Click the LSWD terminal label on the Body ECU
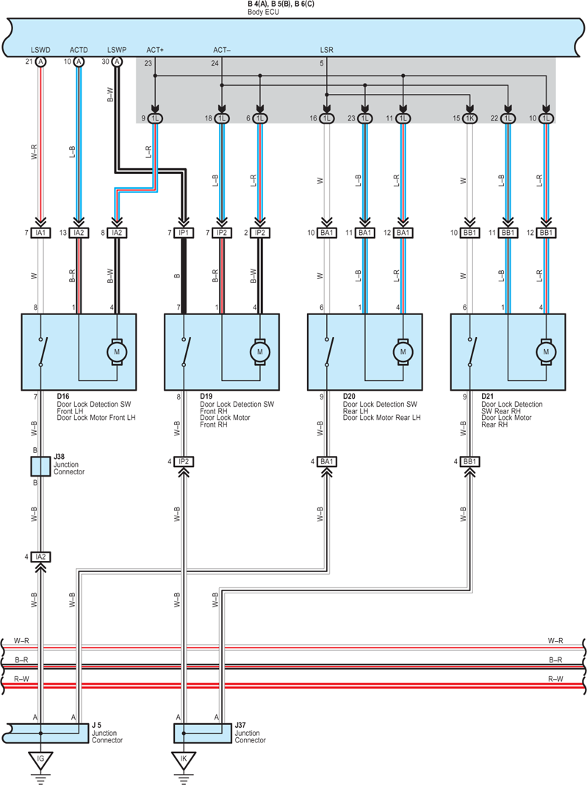click(40, 50)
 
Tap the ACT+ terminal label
click(155, 50)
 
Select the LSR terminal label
click(326, 50)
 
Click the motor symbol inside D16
click(117, 352)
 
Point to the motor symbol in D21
click(546, 352)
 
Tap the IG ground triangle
click(40, 760)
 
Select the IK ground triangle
click(184, 760)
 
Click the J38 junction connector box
click(40, 466)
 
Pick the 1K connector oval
click(469, 119)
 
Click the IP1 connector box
click(184, 233)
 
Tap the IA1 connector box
click(40, 233)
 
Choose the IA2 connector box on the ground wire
click(40, 557)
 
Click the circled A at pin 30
click(117, 62)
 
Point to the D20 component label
click(349, 397)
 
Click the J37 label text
click(240, 726)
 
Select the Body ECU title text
click(264, 12)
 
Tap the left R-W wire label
click(21, 679)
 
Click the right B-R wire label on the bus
click(555, 660)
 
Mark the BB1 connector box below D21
click(469, 461)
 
